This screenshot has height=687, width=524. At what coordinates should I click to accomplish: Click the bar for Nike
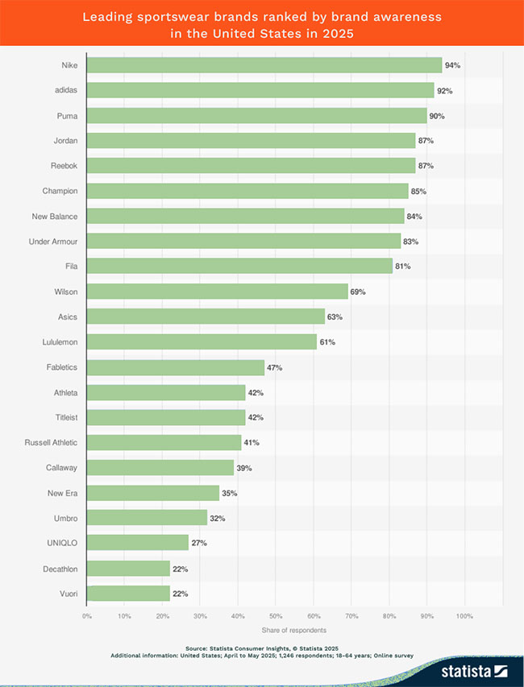(264, 65)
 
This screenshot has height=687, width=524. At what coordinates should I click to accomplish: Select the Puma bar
(256, 116)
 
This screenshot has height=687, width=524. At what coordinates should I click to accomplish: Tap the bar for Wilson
(217, 292)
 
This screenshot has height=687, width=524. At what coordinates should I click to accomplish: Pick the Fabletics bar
(175, 367)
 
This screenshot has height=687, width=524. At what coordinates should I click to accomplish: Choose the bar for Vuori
(128, 594)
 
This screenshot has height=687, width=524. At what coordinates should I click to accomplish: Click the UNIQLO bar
(137, 543)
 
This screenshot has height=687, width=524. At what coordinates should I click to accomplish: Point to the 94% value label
(452, 65)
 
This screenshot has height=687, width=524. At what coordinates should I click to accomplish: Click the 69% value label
(358, 292)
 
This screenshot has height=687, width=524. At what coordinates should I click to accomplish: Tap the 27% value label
(199, 543)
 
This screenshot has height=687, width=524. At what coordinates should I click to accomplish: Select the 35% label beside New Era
(230, 493)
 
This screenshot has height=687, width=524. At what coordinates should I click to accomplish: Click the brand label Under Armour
(53, 242)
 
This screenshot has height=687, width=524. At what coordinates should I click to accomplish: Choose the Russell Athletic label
(52, 442)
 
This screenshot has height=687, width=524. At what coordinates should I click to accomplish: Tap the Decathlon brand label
(60, 569)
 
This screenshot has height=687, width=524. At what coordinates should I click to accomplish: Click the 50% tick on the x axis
(275, 616)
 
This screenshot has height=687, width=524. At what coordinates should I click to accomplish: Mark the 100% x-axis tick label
(464, 616)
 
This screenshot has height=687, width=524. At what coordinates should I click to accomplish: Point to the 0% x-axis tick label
(86, 616)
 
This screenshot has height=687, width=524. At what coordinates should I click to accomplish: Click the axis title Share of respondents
(294, 630)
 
